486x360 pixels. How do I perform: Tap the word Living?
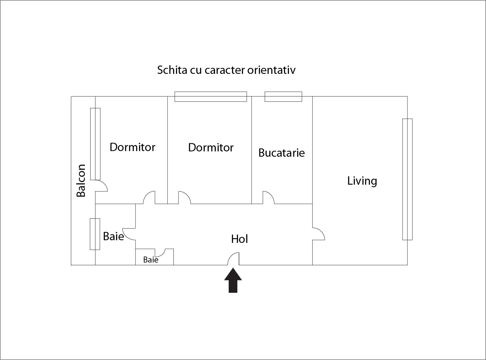(362, 181)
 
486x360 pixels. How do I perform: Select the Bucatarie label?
(282, 153)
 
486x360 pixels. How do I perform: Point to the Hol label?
(240, 239)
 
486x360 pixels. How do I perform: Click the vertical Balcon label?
(81, 180)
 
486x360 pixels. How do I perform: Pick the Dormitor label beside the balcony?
(132, 147)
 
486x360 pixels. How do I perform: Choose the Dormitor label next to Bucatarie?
(211, 147)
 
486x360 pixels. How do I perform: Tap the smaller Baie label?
(151, 260)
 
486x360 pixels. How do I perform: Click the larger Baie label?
(114, 236)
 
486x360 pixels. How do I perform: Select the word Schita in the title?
(172, 70)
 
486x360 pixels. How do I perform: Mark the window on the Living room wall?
(407, 179)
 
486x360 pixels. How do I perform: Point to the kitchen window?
(283, 96)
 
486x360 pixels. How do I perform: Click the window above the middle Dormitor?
(211, 96)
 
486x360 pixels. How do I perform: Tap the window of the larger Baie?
(95, 234)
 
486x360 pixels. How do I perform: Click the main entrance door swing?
(233, 259)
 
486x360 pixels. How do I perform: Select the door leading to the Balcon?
(101, 186)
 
